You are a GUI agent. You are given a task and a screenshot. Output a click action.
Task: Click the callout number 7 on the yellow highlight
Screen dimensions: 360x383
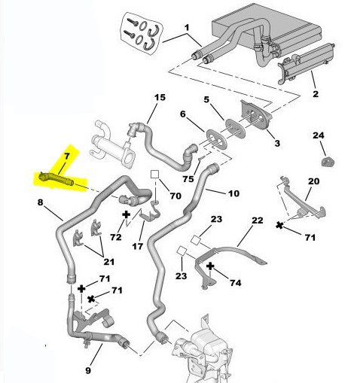(x=66, y=157)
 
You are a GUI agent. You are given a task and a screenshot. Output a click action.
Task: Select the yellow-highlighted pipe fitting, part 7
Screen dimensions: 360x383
(x=56, y=178)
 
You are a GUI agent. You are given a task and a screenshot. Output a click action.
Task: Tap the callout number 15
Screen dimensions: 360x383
(x=160, y=97)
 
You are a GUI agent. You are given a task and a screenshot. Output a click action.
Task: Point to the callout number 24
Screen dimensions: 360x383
(x=319, y=135)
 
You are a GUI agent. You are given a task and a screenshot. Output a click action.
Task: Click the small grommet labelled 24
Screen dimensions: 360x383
(x=328, y=161)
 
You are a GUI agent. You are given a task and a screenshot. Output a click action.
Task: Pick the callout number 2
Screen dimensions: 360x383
(x=316, y=94)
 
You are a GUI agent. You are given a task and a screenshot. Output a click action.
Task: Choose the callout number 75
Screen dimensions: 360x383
(x=188, y=179)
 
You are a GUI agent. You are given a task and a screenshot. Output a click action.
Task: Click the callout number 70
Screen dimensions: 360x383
(x=175, y=196)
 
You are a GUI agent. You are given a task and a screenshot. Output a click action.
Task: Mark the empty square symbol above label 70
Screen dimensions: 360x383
(x=154, y=175)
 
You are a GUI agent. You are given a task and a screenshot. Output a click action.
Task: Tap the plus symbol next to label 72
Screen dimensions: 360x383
(x=127, y=214)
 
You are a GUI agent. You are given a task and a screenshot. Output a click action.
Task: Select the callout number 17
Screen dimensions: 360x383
(x=138, y=247)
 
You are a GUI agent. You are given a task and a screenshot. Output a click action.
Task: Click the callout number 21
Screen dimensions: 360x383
(x=109, y=262)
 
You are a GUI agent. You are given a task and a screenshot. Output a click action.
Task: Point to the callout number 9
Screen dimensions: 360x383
(x=88, y=370)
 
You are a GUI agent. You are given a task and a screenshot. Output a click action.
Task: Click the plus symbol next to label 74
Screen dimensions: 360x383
(x=210, y=266)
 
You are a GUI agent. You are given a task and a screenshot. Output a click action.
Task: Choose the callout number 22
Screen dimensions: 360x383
(x=258, y=220)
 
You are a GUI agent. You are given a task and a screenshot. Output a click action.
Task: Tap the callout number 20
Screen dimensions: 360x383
(x=313, y=181)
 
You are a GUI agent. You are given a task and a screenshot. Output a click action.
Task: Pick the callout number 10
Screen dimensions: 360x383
(x=234, y=193)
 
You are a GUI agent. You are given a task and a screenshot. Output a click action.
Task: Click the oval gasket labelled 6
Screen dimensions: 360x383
(x=217, y=138)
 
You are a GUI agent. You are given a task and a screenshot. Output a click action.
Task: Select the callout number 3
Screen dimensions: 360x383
(x=277, y=143)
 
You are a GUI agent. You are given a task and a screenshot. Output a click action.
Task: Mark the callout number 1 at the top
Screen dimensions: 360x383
(x=187, y=27)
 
